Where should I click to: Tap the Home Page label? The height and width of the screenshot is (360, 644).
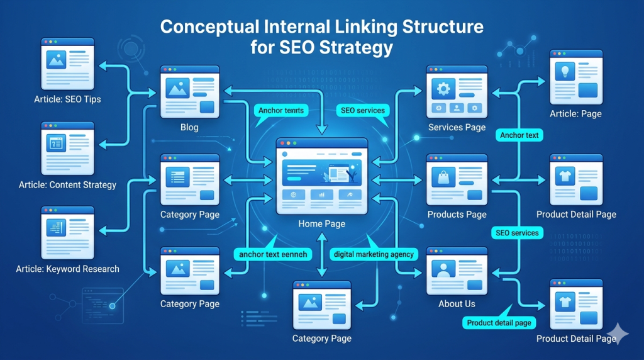coord(321,224)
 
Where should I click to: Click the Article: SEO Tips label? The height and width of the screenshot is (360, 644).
coord(68,99)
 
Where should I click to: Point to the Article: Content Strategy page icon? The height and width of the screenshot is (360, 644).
coord(68,148)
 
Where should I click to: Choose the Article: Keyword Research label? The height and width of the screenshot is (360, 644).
coord(68,269)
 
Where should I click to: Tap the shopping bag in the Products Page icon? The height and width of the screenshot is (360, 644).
coord(442,178)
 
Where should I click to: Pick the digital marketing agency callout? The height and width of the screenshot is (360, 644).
coord(374,254)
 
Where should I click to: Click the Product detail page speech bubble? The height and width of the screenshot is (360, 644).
coord(499,323)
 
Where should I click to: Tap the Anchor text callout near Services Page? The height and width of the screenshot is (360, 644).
coord(519,135)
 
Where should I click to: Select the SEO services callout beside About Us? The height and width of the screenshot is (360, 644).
coord(517,233)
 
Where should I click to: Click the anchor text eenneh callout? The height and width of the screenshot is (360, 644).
coord(272,254)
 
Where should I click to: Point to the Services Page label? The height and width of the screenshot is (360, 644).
coord(457,128)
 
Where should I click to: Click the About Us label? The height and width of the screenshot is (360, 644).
coord(457,304)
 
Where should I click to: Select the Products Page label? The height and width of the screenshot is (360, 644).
coord(457,215)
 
